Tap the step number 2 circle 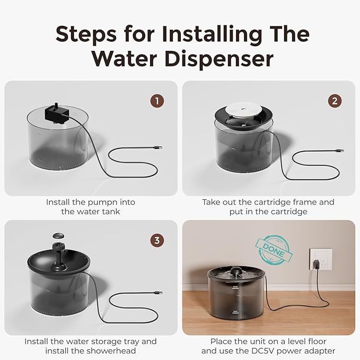pos(335,100)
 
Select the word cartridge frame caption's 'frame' pos(304,202)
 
